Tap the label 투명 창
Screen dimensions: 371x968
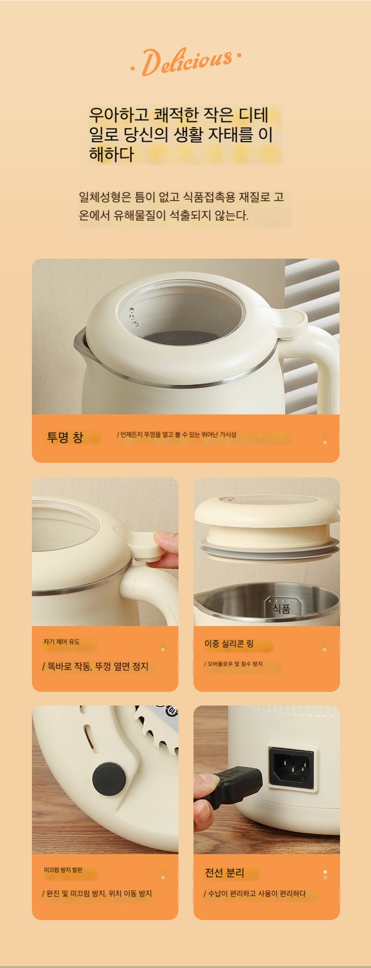tap(65, 437)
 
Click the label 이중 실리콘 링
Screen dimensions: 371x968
tap(229, 644)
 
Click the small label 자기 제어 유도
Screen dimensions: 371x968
tap(61, 642)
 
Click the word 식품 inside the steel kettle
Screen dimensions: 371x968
tap(281, 609)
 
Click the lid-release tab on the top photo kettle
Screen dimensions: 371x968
tap(283, 322)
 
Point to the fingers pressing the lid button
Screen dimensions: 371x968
tap(166, 550)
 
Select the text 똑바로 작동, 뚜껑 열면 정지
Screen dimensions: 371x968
tap(95, 667)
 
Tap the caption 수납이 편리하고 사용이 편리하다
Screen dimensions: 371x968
tap(255, 893)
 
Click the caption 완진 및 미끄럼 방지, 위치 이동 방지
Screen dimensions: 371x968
tap(97, 893)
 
